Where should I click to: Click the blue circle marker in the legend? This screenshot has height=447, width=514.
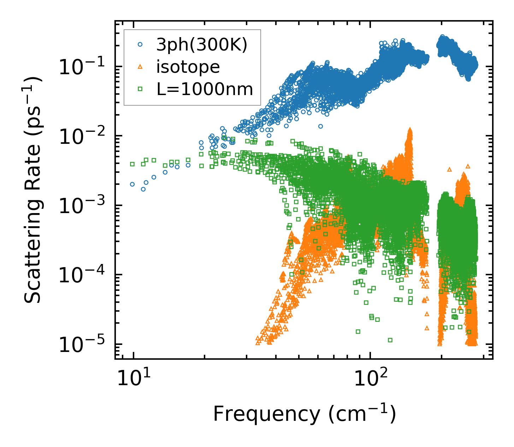(x=140, y=45)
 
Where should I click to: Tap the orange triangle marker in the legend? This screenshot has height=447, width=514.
(x=140, y=67)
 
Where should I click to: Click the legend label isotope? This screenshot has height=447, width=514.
(x=188, y=67)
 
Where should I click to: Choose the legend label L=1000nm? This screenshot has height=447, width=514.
(x=205, y=89)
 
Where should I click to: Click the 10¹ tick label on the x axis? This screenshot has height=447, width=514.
(x=133, y=378)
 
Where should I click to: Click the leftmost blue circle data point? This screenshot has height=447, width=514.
(x=132, y=184)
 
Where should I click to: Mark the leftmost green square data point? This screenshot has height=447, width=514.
(x=132, y=164)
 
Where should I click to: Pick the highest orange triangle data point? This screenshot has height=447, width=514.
(x=410, y=130)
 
